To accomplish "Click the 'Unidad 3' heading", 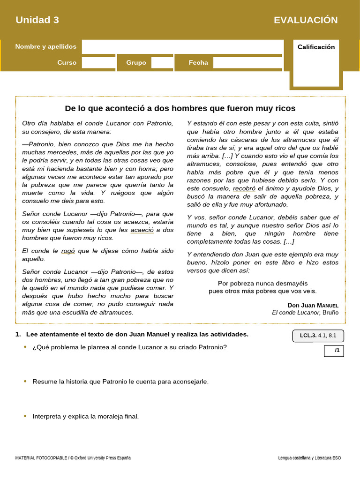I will point(37,20).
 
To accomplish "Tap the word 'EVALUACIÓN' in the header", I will point(306,20).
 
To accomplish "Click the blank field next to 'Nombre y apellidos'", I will point(182,46).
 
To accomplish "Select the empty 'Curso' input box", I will point(98,62).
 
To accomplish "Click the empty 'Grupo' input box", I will point(162,62).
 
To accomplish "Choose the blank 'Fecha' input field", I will point(247,62).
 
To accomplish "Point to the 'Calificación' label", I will point(316,47).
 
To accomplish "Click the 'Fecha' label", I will point(198,62).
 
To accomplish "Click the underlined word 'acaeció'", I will point(142,230).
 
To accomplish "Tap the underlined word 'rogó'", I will point(68,251).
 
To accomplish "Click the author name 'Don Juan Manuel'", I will point(313,305).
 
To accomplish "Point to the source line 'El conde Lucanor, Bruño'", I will point(305,312).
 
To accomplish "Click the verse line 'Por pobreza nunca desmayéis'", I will point(263,283).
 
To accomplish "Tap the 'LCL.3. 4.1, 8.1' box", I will point(318,336).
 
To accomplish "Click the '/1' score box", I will point(334,351).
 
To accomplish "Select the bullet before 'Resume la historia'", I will point(25,382).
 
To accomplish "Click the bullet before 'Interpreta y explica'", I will point(25,416).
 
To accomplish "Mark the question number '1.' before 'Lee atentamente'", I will point(18,334).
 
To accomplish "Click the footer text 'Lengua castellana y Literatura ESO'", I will point(309,457).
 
